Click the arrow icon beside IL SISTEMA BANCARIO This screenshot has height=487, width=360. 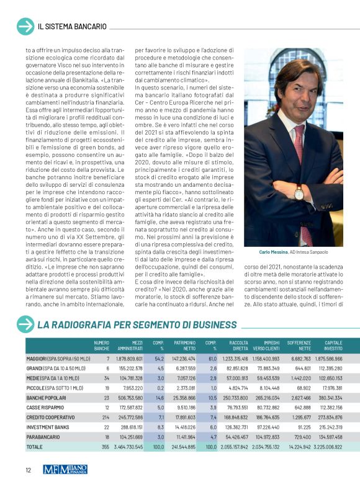click(25, 27)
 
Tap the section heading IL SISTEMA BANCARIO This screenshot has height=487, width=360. click(72, 27)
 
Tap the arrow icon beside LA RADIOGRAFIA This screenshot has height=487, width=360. click(25, 325)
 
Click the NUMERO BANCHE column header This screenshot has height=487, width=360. click(101, 345)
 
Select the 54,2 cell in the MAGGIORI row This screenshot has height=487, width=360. click(159, 359)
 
